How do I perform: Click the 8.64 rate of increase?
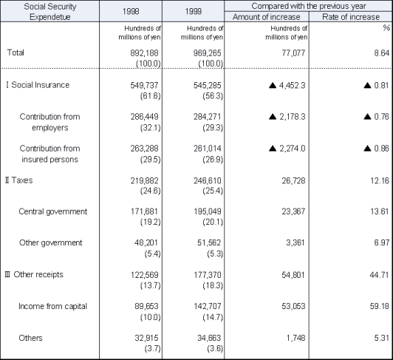(377, 52)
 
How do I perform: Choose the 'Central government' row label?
(52, 211)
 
